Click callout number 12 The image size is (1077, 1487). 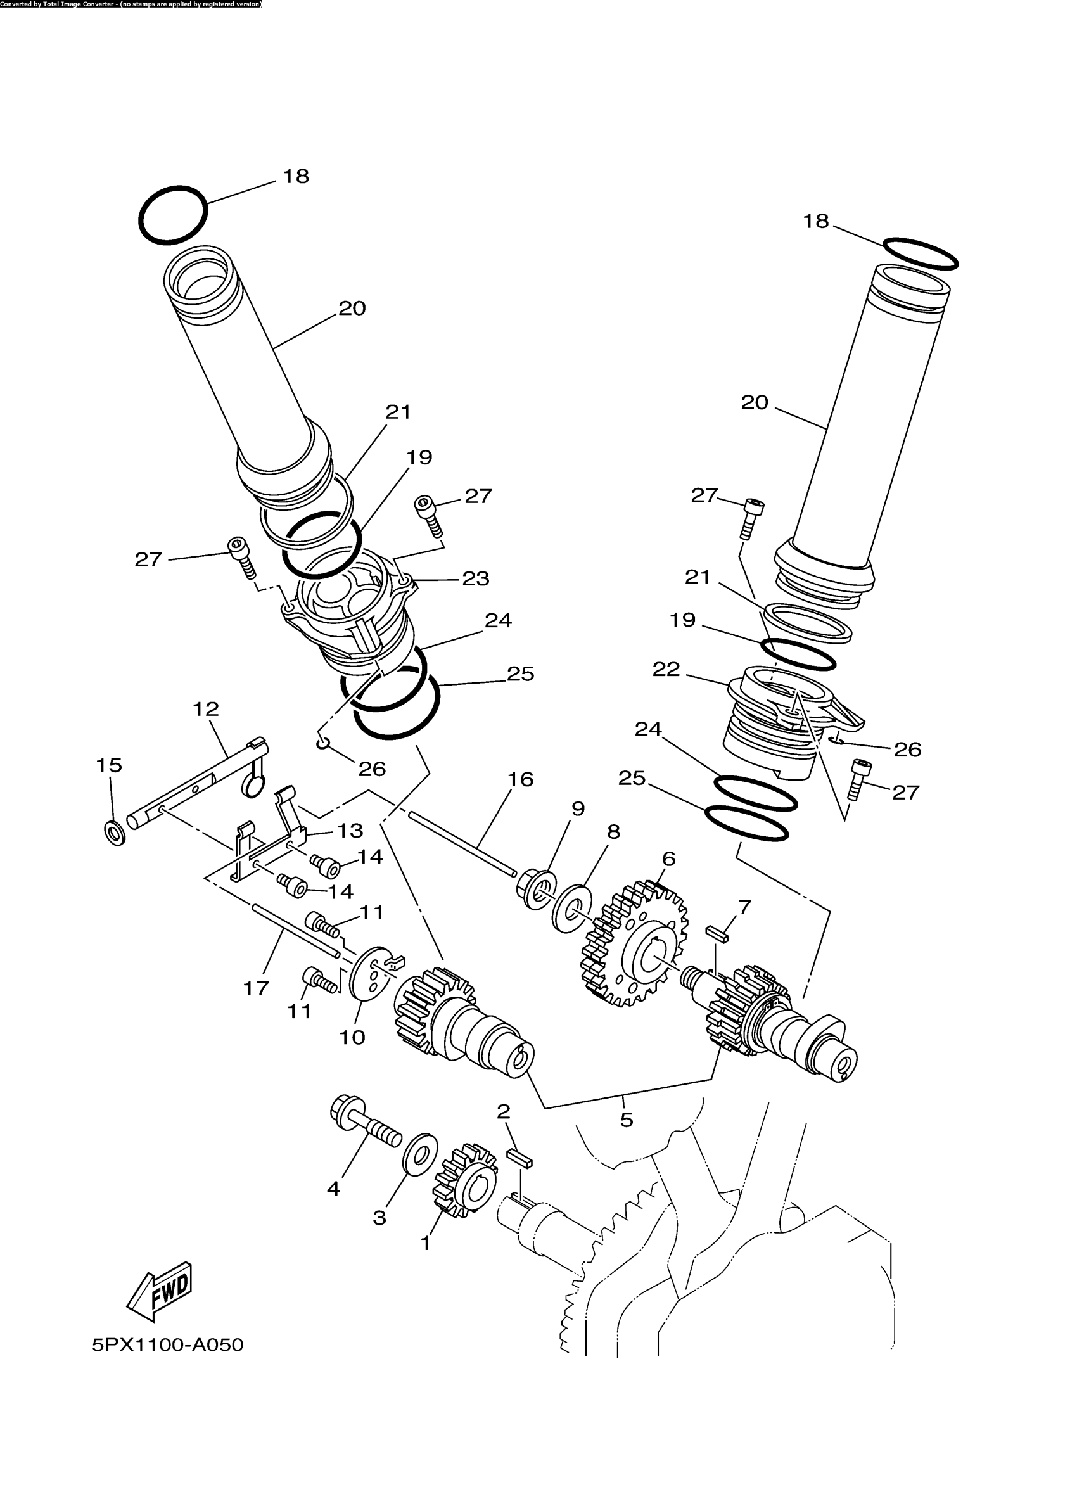tap(206, 709)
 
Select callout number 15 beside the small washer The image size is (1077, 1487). tap(109, 765)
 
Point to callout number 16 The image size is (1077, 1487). tap(521, 779)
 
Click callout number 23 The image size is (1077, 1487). tap(476, 578)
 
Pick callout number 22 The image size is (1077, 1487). tap(666, 670)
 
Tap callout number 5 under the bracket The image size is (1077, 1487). tap(626, 1120)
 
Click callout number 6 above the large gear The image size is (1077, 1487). tap(668, 858)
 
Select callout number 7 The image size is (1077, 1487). tap(744, 907)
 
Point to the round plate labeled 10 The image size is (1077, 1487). tap(370, 979)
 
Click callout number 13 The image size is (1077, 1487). tap(350, 831)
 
